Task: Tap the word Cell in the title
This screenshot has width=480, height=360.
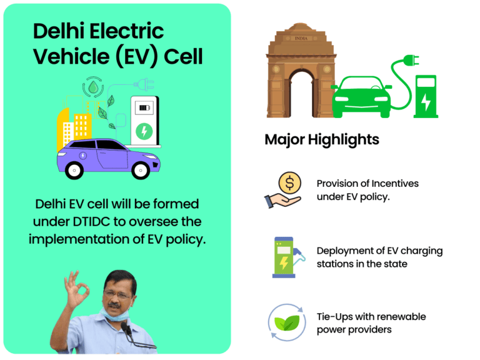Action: pyautogui.click(x=183, y=56)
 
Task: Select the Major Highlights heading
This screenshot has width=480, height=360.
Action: pyautogui.click(x=321, y=139)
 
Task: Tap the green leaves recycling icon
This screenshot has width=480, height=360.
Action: pyautogui.click(x=286, y=322)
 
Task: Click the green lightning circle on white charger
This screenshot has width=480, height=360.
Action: pyautogui.click(x=144, y=131)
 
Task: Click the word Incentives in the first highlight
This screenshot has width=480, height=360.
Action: pyautogui.click(x=395, y=184)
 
